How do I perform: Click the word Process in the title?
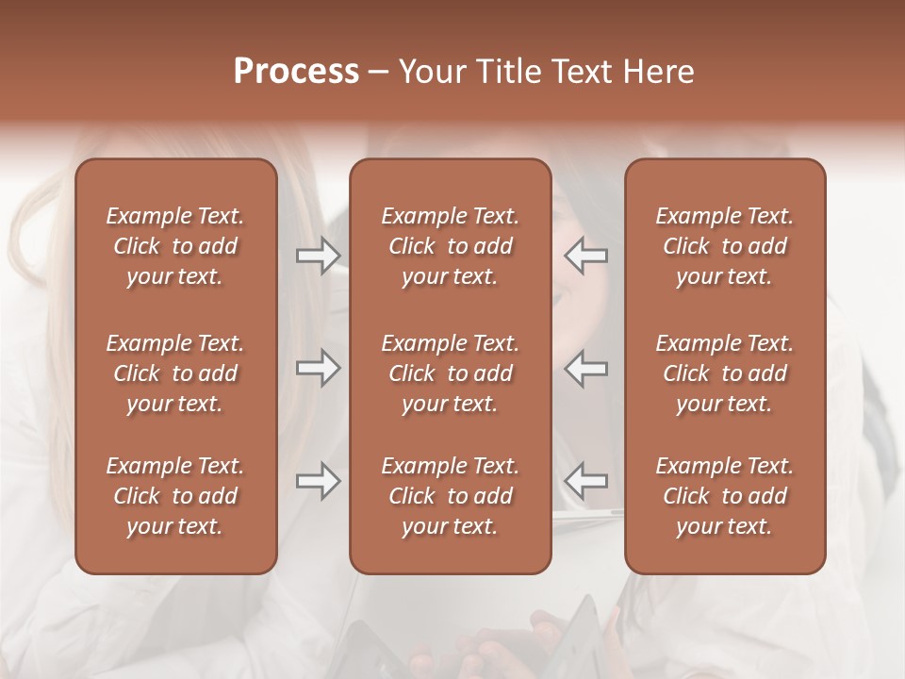[x=296, y=72]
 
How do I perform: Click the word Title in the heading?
[x=506, y=72]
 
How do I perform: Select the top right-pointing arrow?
[x=318, y=256]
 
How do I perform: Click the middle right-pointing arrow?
[x=318, y=368]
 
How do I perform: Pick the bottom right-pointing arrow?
[x=318, y=481]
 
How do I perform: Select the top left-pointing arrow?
[x=586, y=256]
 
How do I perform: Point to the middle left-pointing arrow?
[x=586, y=368]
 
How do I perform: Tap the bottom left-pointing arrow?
[x=586, y=481]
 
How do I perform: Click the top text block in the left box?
[x=175, y=246]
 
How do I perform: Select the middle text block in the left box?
[x=175, y=373]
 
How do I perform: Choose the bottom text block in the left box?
[x=175, y=496]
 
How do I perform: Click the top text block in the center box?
[x=451, y=246]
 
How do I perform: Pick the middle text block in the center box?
[x=451, y=373]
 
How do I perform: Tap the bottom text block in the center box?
[x=451, y=496]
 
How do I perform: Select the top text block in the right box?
[x=725, y=246]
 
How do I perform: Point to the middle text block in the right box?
[x=725, y=373]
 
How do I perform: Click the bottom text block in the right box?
[x=725, y=496]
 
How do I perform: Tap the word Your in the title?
[x=431, y=72]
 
